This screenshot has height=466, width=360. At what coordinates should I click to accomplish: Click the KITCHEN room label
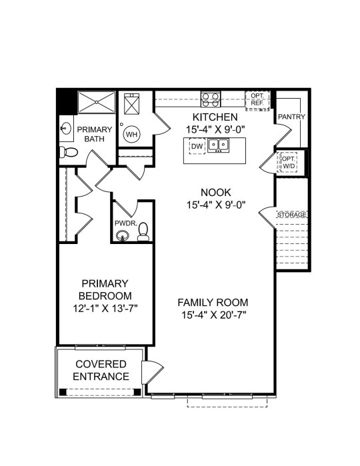tap(215, 117)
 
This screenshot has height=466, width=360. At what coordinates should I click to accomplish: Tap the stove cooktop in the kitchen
tap(211, 99)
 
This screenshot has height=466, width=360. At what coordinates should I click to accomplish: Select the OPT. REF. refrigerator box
tap(257, 101)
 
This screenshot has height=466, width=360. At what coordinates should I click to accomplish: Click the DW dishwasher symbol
tap(197, 146)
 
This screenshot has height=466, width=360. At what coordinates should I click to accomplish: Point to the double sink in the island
tap(218, 145)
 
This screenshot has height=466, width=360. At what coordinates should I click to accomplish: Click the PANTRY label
tap(291, 117)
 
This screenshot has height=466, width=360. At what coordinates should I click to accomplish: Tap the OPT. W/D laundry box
tap(287, 162)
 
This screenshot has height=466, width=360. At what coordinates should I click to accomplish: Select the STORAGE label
tap(291, 215)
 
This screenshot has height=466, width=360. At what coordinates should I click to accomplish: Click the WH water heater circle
tap(132, 134)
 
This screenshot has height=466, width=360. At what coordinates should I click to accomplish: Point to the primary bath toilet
tap(69, 152)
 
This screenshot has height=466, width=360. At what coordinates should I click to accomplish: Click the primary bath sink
tap(66, 129)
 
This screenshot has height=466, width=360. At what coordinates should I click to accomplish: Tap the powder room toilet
tap(143, 231)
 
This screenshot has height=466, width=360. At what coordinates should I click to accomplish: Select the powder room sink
tap(122, 237)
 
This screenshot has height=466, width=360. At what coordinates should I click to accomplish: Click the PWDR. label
tap(126, 223)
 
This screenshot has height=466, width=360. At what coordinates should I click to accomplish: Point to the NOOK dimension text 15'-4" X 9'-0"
tap(216, 205)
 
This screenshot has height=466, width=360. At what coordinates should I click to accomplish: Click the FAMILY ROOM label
tap(213, 303)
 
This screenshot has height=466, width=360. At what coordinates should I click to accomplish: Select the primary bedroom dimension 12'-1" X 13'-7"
tap(105, 309)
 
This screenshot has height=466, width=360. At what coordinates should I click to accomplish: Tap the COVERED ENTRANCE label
tap(101, 370)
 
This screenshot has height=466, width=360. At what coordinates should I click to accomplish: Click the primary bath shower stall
tap(97, 102)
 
